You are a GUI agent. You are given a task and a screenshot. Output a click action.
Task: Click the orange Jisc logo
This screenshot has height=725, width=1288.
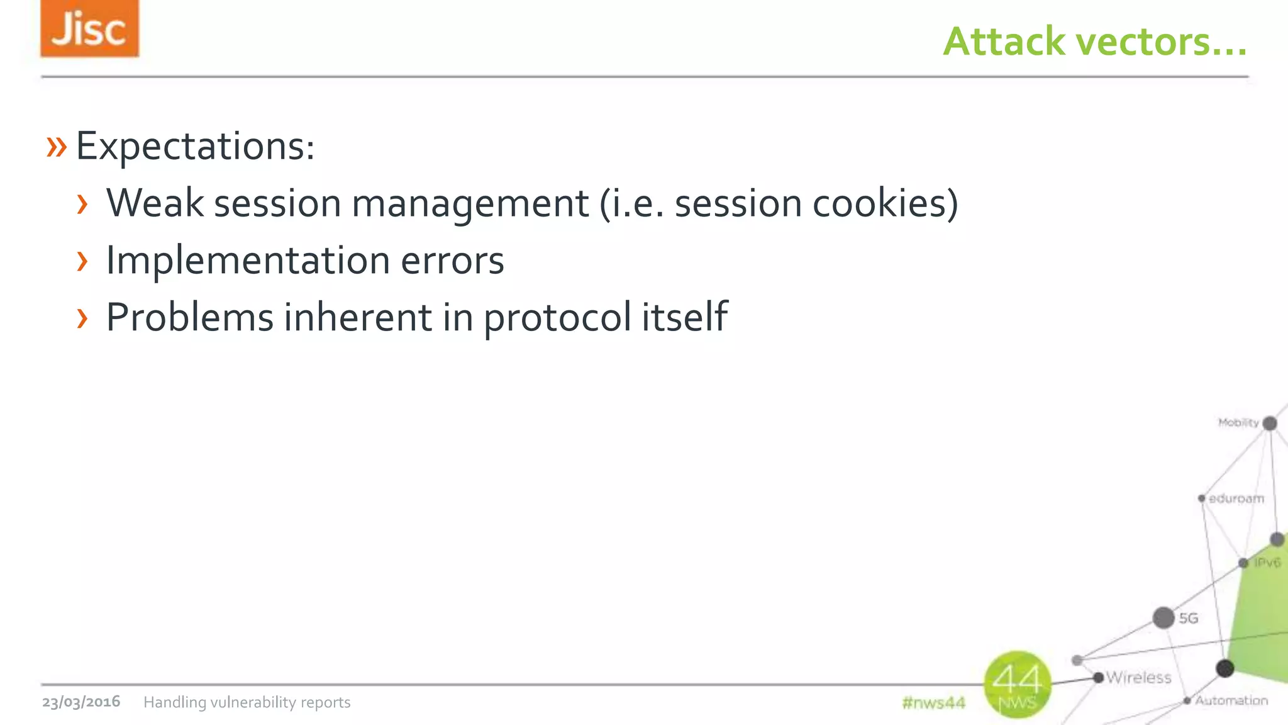pos(89,28)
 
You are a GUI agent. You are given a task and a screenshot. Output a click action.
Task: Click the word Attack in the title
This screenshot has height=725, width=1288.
pos(1004,42)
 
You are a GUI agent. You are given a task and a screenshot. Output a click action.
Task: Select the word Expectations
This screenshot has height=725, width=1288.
pos(194,146)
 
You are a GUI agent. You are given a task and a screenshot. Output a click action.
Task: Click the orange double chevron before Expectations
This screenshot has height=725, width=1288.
pos(57,147)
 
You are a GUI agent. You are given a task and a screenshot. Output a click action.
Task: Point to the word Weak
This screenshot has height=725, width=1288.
pos(155,203)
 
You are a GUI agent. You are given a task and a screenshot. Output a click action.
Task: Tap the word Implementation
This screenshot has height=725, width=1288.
pos(248,261)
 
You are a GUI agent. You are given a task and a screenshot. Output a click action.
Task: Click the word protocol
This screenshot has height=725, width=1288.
pos(557,318)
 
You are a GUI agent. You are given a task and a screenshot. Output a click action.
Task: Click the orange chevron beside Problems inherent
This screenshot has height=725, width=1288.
pos(82,318)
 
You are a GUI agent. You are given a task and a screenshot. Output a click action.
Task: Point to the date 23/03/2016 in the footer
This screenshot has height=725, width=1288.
pos(81,702)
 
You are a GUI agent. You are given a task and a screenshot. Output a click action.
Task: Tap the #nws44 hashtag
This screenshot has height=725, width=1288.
pos(933,703)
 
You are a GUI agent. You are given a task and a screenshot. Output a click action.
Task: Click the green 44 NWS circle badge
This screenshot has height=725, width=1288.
pos(1017,684)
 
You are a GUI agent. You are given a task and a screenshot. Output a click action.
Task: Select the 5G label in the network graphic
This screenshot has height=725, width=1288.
pos(1188,618)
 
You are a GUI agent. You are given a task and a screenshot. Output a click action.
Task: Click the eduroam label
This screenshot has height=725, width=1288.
pos(1236,498)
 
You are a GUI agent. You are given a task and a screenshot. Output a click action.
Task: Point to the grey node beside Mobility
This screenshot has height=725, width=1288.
pos(1270,423)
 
